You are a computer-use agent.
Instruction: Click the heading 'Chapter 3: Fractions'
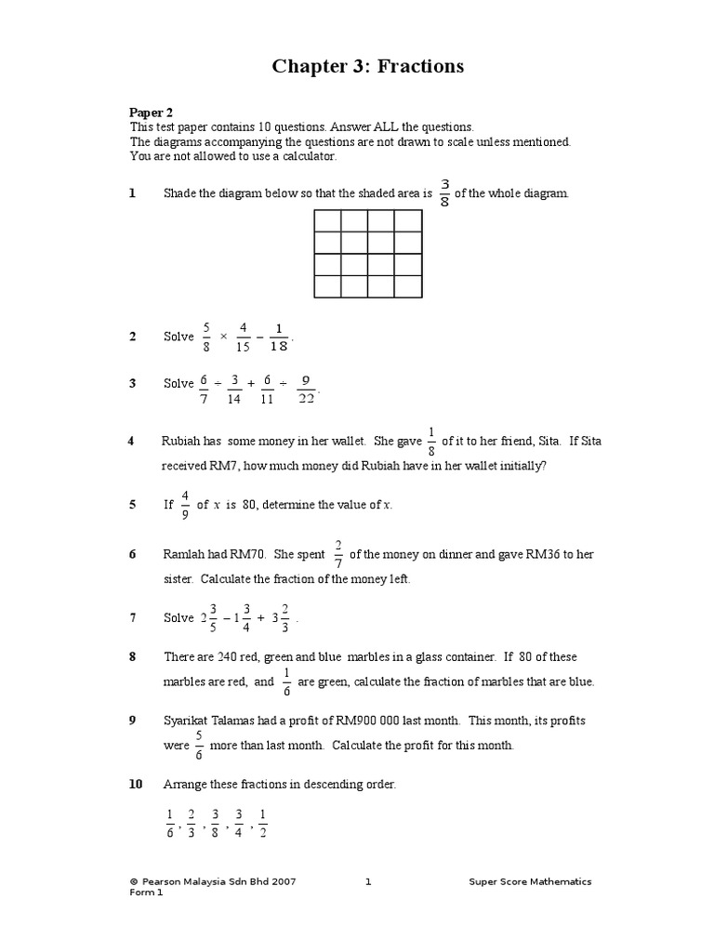[367, 66]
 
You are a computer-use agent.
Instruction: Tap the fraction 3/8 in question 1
[444, 193]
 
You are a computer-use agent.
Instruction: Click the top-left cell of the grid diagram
[327, 220]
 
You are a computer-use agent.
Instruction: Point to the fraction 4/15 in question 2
[243, 337]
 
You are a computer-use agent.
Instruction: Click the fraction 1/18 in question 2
[278, 337]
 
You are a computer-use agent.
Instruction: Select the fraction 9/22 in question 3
[306, 383]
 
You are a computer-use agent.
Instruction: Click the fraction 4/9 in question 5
[185, 505]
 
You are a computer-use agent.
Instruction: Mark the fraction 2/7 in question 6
[337, 554]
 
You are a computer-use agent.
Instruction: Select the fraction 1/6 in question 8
[286, 681]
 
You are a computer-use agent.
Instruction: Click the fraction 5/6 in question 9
[199, 746]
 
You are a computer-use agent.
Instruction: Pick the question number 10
[136, 785]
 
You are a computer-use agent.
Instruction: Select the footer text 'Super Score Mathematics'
[530, 881]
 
